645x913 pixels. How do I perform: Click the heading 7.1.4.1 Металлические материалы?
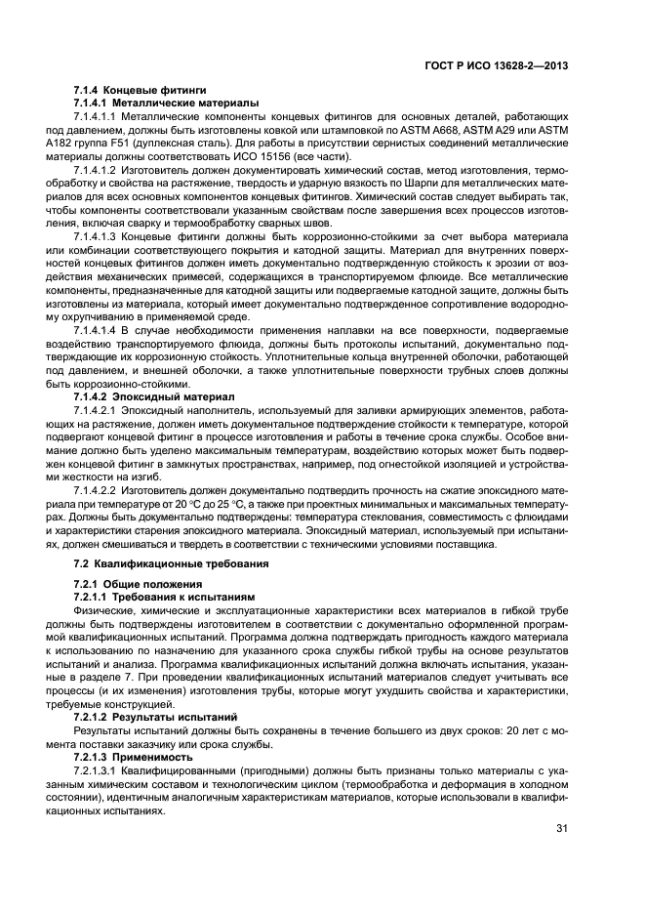point(166,103)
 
